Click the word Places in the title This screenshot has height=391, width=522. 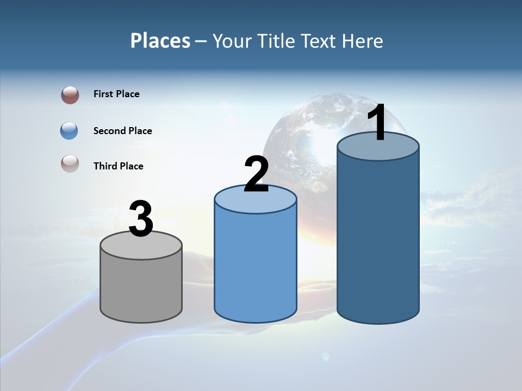(160, 41)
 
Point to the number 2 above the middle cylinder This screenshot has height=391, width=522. (256, 175)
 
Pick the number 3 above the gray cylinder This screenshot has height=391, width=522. (141, 219)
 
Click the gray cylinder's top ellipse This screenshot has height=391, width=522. (141, 245)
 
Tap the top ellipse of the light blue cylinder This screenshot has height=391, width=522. (256, 199)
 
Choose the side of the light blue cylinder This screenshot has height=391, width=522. (256, 266)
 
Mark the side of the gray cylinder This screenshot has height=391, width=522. (141, 288)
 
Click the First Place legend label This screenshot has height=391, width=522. (116, 94)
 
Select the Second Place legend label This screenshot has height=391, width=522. (122, 131)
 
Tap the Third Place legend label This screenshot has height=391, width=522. (118, 166)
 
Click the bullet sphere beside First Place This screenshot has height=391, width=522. (70, 95)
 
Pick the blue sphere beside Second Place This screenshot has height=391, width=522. (69, 130)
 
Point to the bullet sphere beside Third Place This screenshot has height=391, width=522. (70, 163)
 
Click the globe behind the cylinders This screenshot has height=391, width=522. (304, 136)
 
